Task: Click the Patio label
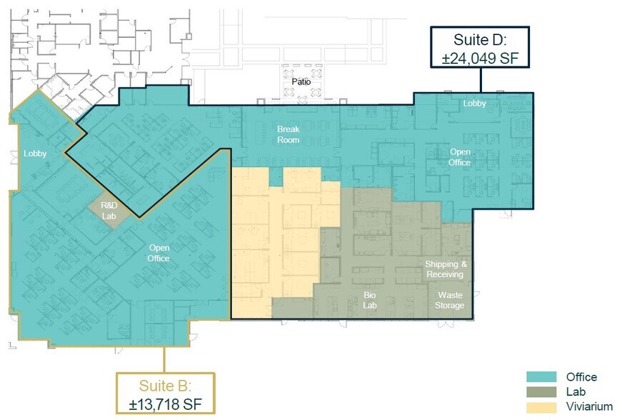pos(301,82)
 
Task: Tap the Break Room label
pos(289,134)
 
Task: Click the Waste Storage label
pos(450,300)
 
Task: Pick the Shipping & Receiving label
pos(444,269)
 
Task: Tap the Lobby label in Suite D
pos(474,104)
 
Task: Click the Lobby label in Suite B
pos(35,154)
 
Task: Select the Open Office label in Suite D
pos(460,157)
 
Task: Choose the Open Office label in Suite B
pos(159,253)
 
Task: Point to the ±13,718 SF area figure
pos(166,404)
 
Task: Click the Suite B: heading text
pos(165,386)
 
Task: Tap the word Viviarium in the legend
pos(589,406)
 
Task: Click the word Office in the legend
pos(581,377)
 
